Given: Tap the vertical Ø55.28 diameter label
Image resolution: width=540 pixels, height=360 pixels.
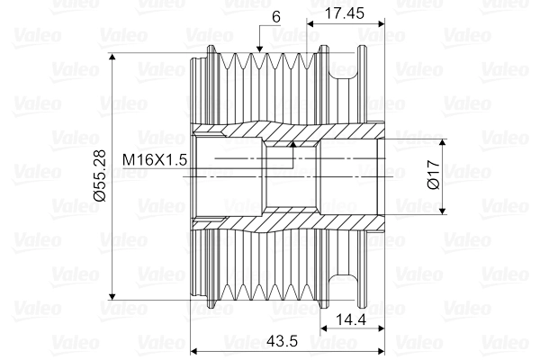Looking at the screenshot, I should (101, 175).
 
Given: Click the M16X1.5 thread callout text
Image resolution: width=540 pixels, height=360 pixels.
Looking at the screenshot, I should (154, 159).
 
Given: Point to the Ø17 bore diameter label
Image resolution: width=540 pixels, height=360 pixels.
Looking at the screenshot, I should (433, 175).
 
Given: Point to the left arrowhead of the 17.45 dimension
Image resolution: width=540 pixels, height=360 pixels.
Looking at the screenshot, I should (310, 21).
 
